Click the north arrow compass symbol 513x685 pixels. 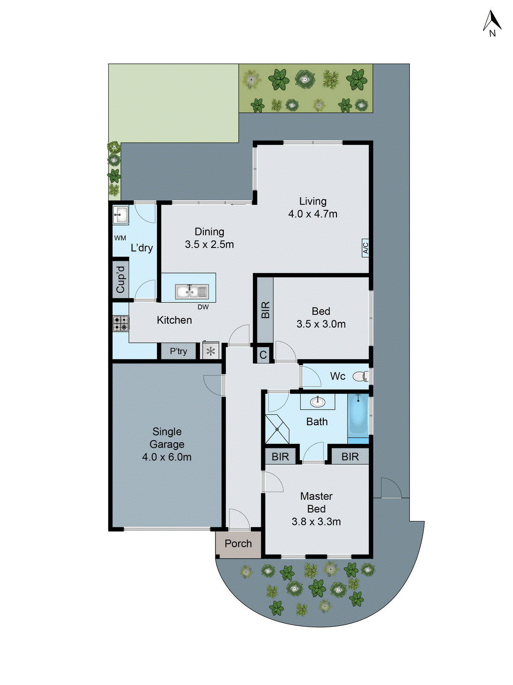click(x=492, y=24)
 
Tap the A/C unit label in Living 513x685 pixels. click(x=366, y=248)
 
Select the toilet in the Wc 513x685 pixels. click(x=360, y=377)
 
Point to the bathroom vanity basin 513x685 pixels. click(x=317, y=402)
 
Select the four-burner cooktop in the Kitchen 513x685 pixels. click(x=121, y=323)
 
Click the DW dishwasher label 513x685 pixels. click(x=203, y=307)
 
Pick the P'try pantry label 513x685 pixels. click(x=178, y=351)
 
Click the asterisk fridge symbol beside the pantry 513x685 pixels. click(x=210, y=351)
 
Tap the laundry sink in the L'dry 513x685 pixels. click(x=121, y=214)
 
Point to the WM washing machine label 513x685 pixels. click(x=120, y=238)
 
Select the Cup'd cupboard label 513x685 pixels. click(x=121, y=279)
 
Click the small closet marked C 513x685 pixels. click(x=263, y=355)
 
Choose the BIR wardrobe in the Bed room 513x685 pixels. click(x=265, y=310)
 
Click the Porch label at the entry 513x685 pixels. click(x=238, y=544)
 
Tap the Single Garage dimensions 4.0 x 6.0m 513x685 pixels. click(x=167, y=457)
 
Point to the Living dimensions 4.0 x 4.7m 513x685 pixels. click(x=313, y=214)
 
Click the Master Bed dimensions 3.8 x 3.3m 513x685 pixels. click(x=316, y=522)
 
